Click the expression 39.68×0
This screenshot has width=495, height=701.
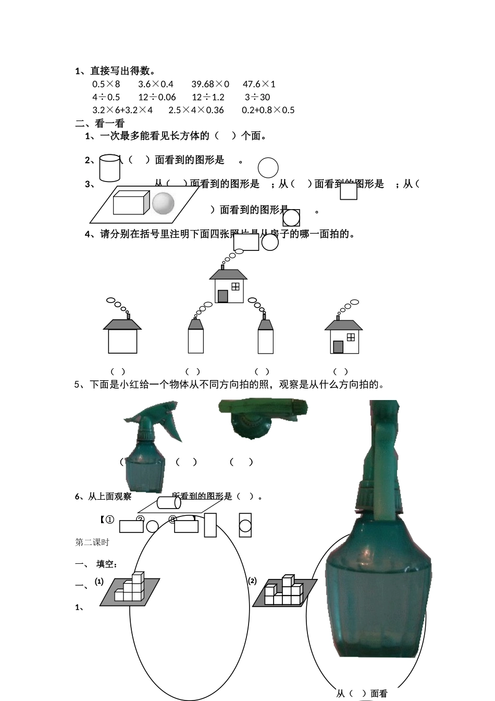tap(210, 84)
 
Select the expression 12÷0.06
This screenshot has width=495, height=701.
tap(157, 97)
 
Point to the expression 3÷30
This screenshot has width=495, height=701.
tap(257, 97)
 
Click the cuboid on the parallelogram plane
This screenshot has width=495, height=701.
tap(131, 202)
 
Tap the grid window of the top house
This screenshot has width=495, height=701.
tap(236, 286)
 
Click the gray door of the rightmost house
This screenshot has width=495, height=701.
tap(338, 347)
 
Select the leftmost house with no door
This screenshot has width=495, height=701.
tap(122, 336)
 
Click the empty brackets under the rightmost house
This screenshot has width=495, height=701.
tap(340, 371)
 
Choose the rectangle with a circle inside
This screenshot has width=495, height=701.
tap(245, 525)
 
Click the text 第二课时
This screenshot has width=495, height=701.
tap(92, 542)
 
